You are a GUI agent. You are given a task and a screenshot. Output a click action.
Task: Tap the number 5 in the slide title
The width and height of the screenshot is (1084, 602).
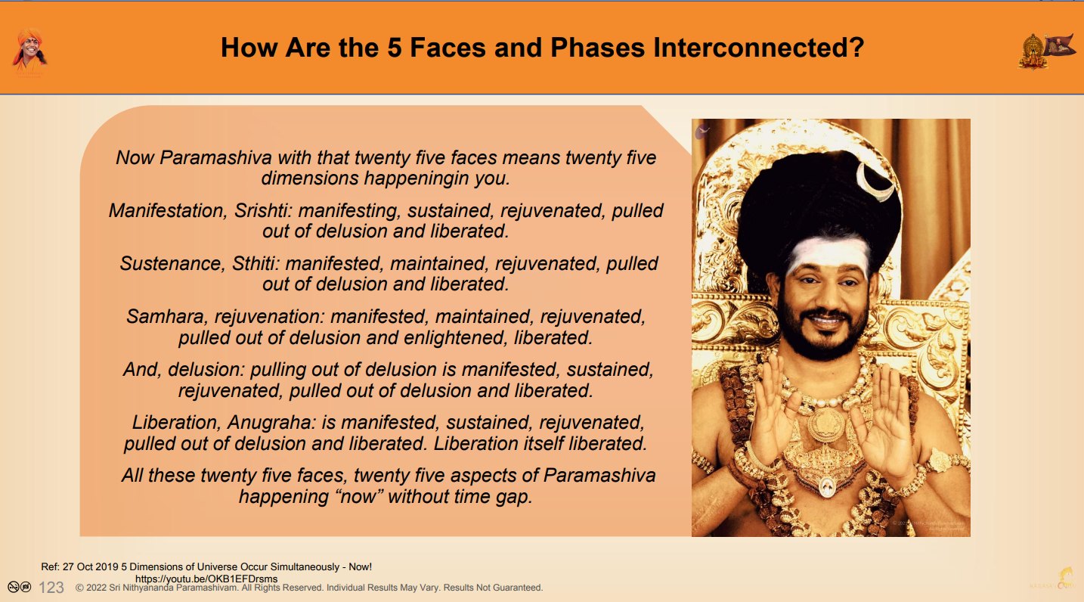[x=395, y=48]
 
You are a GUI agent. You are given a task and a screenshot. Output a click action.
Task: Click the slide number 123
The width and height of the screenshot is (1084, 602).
[x=51, y=588]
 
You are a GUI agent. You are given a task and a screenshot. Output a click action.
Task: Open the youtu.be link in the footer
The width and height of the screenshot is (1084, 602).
[x=206, y=579]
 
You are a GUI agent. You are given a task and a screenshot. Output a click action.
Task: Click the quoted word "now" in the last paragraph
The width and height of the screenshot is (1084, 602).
[x=358, y=496]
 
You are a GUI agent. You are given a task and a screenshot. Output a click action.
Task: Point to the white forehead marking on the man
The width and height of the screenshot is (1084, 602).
[x=828, y=255]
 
